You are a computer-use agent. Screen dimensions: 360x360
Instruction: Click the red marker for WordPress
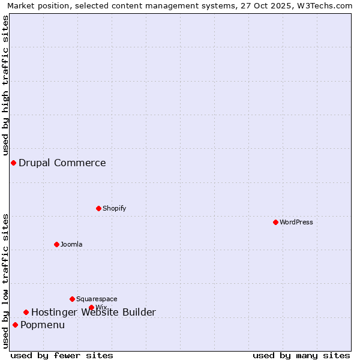(275, 222)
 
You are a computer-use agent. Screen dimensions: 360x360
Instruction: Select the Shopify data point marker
(98, 208)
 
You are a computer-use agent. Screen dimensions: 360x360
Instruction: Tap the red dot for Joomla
(56, 244)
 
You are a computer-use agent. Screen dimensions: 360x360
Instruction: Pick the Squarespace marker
(72, 299)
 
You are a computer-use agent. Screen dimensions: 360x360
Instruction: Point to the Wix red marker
(91, 307)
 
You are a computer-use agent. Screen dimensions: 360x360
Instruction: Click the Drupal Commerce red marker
(13, 163)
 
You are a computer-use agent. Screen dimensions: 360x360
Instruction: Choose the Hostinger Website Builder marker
(26, 312)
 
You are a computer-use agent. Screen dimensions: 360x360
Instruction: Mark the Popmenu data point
(15, 325)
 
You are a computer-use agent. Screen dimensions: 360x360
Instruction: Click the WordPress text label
(296, 222)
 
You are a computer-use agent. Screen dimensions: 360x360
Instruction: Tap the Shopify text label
(115, 208)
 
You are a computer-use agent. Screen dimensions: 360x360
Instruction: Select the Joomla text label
(71, 244)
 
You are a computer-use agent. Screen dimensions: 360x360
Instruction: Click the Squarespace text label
(97, 299)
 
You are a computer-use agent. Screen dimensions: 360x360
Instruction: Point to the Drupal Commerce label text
(62, 163)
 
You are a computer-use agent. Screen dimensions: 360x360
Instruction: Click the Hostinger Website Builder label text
(94, 312)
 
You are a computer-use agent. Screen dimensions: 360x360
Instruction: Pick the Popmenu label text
(43, 325)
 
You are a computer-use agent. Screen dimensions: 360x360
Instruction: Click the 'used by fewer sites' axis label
(62, 355)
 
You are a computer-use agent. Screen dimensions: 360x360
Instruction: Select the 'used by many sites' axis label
(301, 355)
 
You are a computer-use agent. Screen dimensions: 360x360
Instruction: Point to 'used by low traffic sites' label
(5, 280)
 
